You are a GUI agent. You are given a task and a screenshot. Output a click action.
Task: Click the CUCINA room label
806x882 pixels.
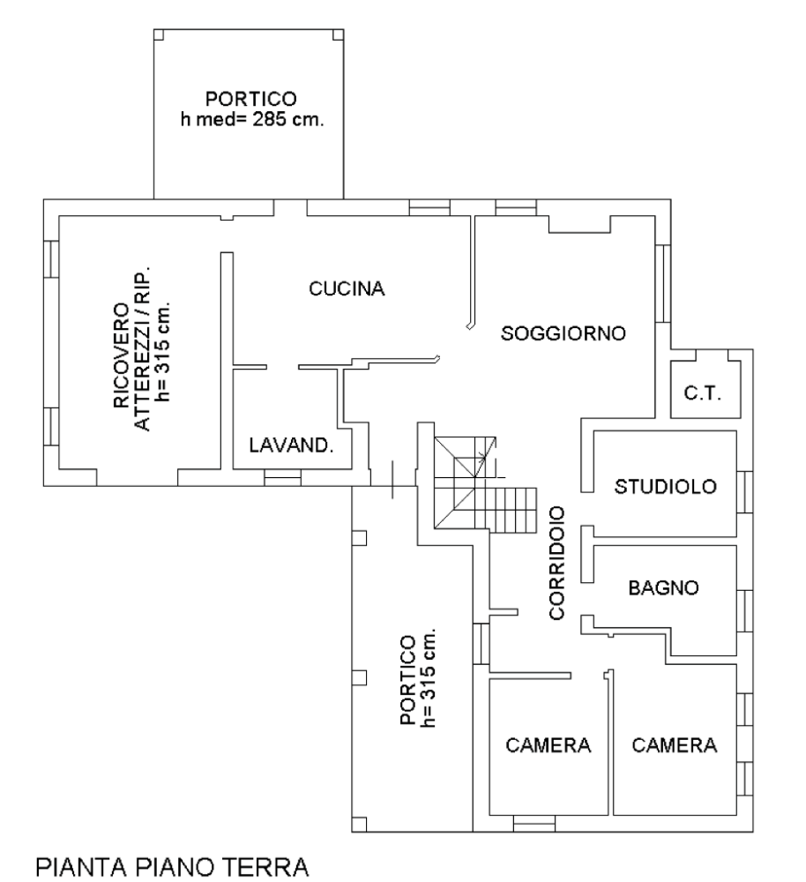(x=347, y=288)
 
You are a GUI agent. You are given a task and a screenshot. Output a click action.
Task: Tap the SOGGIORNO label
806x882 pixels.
(x=563, y=333)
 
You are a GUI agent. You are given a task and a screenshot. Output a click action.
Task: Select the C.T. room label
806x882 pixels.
(x=703, y=392)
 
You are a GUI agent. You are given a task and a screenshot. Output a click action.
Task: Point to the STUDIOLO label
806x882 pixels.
(x=666, y=487)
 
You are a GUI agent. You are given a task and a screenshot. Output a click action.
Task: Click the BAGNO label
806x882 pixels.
(x=664, y=587)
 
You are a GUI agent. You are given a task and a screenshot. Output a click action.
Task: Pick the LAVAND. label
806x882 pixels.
(x=291, y=445)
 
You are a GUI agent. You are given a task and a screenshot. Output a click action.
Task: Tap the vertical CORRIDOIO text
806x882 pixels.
(x=556, y=563)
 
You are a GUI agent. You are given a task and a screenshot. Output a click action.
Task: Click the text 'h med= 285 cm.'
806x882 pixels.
(x=252, y=119)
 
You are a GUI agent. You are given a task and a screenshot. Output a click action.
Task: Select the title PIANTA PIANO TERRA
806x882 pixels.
(x=172, y=867)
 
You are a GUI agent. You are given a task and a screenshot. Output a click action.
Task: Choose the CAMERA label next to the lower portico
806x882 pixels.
(x=549, y=745)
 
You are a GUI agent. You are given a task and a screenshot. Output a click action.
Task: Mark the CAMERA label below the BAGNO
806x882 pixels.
(x=675, y=745)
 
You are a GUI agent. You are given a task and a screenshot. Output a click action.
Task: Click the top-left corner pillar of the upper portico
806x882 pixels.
(x=159, y=35)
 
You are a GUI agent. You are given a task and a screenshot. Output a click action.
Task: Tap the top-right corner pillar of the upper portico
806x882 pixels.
(x=338, y=35)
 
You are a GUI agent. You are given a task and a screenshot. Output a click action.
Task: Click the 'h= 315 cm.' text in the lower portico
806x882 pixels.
(x=429, y=677)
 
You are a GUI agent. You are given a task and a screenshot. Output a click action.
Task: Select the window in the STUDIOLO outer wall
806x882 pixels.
(x=744, y=492)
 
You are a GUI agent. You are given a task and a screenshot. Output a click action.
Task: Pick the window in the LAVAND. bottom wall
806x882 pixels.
(x=282, y=477)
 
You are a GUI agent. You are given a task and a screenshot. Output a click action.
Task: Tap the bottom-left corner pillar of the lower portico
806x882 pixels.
(x=360, y=824)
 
